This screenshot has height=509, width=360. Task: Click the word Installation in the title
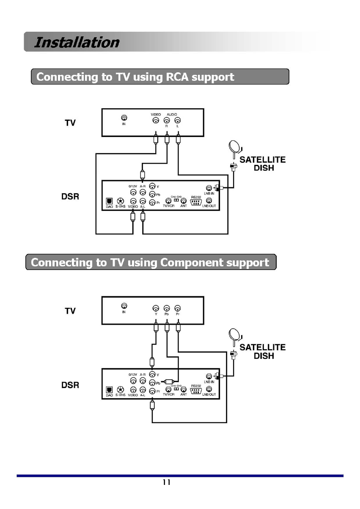(76, 42)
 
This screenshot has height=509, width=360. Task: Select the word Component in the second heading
(192, 263)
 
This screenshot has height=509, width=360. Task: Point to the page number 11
(167, 482)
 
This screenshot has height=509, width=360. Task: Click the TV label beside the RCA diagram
(70, 123)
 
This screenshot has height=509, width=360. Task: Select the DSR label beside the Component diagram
(70, 385)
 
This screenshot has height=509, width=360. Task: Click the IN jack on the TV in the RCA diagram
(124, 118)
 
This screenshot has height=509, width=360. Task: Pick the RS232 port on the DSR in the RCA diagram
(195, 202)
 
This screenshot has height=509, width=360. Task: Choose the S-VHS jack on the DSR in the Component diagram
(120, 389)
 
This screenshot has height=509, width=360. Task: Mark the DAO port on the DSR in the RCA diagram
(109, 202)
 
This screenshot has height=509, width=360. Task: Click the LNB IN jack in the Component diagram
(209, 376)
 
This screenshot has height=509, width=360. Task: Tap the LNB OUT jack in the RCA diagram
(209, 201)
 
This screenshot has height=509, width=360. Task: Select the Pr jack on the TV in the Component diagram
(178, 308)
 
